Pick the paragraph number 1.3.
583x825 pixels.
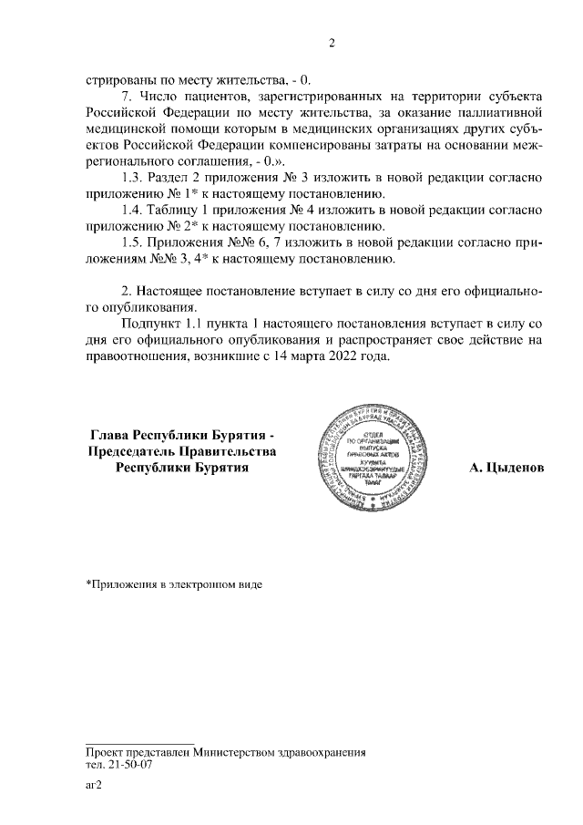pyautogui.click(x=133, y=177)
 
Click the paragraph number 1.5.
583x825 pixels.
pyautogui.click(x=133, y=242)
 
